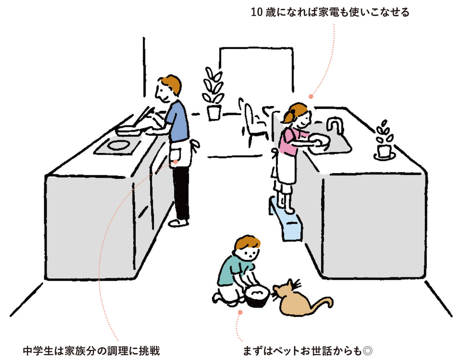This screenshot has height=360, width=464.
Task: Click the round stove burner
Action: point(118,145)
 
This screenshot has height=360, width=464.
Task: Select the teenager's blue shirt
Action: point(178,122)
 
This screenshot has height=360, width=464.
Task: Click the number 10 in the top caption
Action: point(256,12)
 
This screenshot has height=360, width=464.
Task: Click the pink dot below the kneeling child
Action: point(240,313)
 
